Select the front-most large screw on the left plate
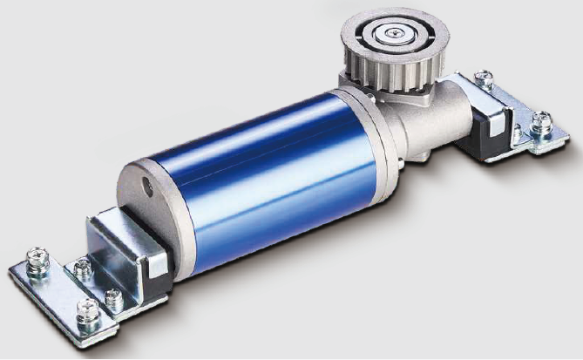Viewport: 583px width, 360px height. [x=87, y=309]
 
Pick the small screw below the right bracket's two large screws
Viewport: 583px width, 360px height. [x=518, y=135]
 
